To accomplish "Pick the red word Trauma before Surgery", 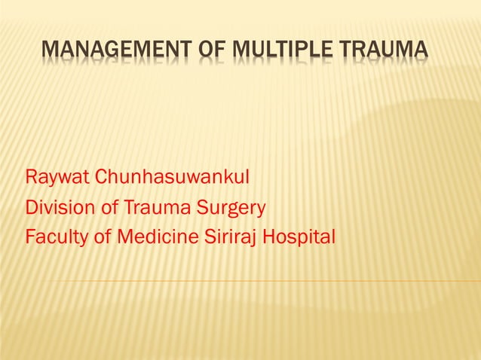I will (x=154, y=208).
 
